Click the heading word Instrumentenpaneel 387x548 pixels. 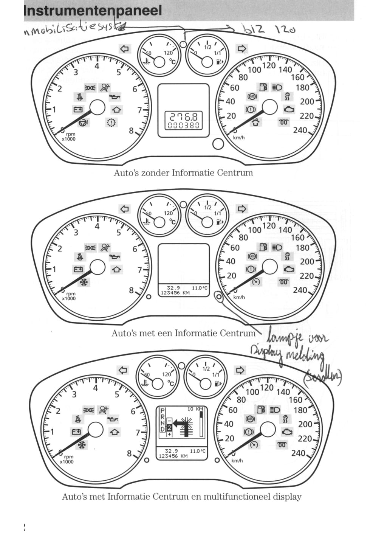coord(93,10)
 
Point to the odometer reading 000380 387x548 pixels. coord(184,126)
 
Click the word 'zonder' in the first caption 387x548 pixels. coord(155,173)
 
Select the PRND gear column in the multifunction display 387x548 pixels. coord(163,420)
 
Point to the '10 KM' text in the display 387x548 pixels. coord(195,409)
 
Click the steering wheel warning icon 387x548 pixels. coord(83,123)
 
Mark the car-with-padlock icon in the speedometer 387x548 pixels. coord(256,122)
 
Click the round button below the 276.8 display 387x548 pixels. coord(218,144)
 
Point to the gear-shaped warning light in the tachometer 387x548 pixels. coord(111,122)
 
